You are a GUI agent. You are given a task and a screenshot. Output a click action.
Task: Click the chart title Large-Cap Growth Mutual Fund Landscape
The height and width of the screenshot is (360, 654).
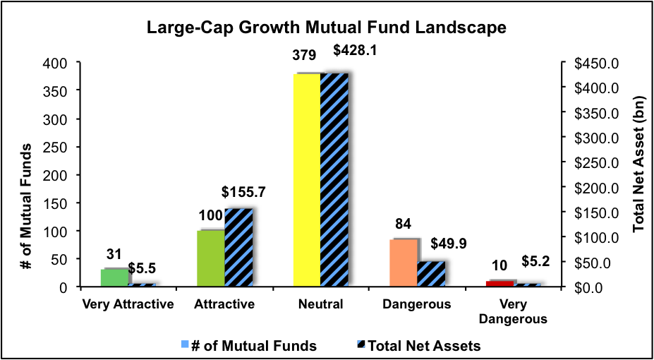pos(327,28)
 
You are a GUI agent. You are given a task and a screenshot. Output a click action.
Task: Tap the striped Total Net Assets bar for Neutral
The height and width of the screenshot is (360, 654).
pos(334,180)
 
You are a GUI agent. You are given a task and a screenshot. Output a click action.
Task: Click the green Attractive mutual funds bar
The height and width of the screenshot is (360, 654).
pos(211,258)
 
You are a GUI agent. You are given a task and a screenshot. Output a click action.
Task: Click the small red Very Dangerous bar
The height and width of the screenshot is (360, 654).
pos(500,283)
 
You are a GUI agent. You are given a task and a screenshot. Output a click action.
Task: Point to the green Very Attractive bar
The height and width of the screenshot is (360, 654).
pos(114,277)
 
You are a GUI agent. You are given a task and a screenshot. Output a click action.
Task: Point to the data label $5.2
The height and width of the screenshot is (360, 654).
pos(535,262)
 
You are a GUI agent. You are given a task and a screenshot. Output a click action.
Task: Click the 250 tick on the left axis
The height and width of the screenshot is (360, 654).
pos(57,147)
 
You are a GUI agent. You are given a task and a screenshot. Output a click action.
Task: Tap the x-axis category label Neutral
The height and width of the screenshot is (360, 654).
pos(320,305)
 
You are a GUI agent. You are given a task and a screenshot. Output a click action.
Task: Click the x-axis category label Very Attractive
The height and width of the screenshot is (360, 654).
pos(128,305)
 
